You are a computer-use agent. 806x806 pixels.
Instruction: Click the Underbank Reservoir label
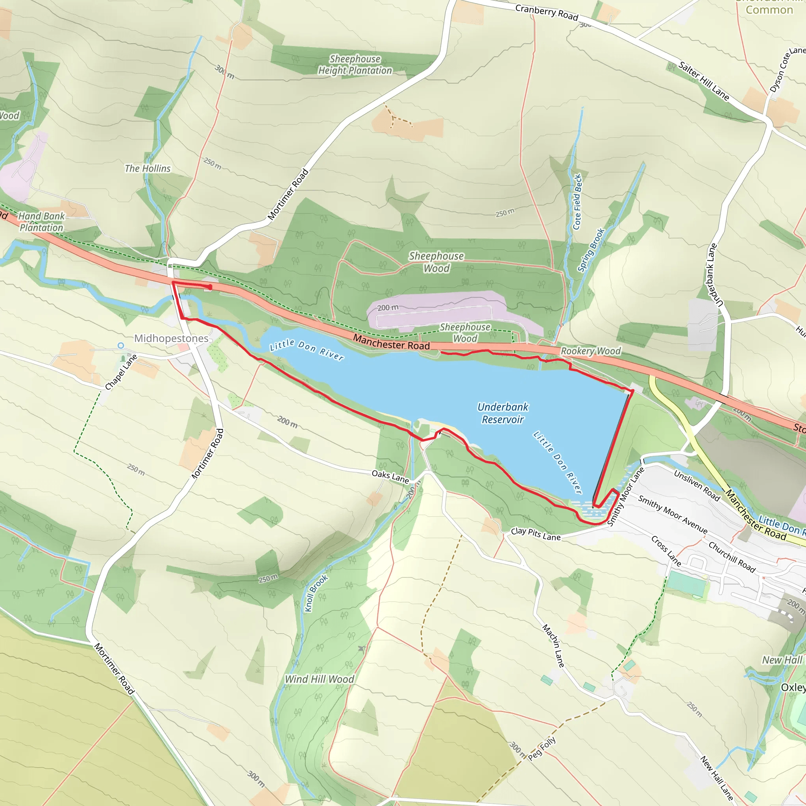pos(503,413)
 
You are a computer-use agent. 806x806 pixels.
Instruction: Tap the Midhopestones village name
pos(171,338)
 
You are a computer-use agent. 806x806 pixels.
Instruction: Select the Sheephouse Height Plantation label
pos(355,65)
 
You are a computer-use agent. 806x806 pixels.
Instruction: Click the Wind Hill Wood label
pos(319,679)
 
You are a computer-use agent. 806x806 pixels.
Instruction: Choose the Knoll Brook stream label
pos(316,593)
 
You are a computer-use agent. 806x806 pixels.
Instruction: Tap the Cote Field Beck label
pos(577,202)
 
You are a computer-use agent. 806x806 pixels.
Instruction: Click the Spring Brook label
pos(591,250)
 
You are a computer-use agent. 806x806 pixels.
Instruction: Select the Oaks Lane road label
pos(390,476)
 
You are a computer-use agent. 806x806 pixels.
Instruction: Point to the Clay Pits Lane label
pos(536,534)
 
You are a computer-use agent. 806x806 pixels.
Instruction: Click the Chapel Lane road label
pos(121,372)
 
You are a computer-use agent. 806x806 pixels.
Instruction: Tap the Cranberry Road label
pos(547,12)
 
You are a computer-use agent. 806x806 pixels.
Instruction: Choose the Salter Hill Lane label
pos(704,81)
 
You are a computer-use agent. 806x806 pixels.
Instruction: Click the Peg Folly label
pos(542,748)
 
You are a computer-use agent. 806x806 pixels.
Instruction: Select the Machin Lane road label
pos(554,645)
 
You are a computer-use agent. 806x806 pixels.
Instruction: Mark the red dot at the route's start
pos(210,287)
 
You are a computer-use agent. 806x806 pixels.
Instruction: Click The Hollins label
pos(148,168)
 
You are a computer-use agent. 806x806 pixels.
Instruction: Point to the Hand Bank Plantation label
pos(41,222)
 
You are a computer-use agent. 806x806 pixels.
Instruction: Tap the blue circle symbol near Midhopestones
pos(120,346)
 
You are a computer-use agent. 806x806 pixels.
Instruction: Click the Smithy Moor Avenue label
pos(673,515)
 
